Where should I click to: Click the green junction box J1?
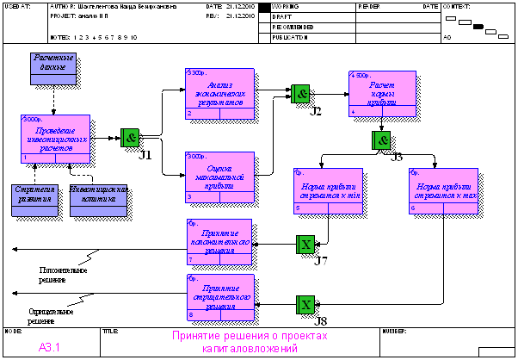[x=130, y=137]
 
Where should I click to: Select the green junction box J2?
[x=300, y=93]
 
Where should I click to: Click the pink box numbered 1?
[x=53, y=138]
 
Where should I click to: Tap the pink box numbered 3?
[x=219, y=177]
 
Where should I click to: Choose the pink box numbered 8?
[x=219, y=296]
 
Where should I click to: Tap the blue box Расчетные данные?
[x=54, y=68]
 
